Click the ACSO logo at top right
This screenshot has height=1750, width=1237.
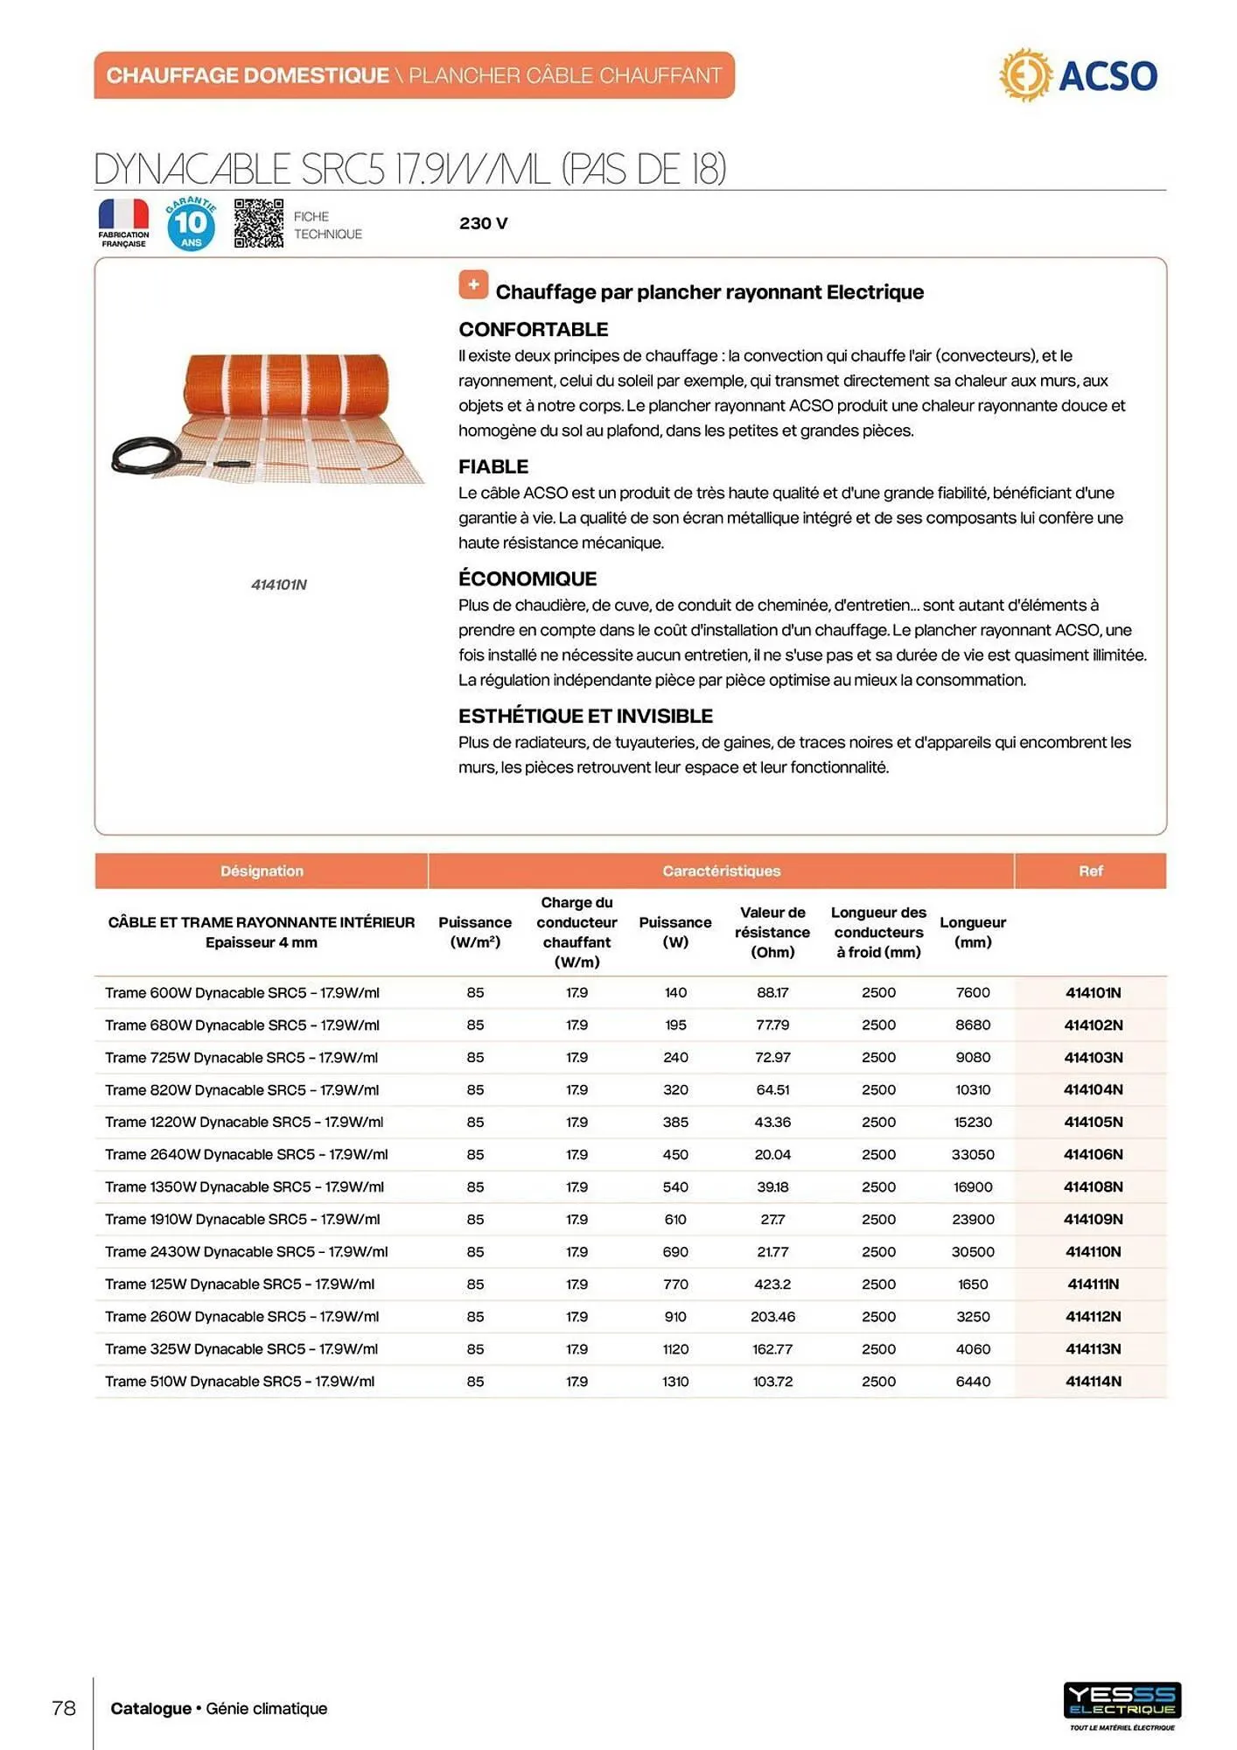click(x=1079, y=76)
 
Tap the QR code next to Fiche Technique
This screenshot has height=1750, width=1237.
click(x=258, y=223)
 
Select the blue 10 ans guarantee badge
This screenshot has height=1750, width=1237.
click(x=191, y=224)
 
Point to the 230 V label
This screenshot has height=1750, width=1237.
click(x=483, y=223)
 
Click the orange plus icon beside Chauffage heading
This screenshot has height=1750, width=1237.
click(x=473, y=284)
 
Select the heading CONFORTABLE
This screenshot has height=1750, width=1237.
click(x=533, y=330)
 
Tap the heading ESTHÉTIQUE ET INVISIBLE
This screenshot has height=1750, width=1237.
click(x=585, y=716)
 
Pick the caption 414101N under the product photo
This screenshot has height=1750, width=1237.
click(x=278, y=584)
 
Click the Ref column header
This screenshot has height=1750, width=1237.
click(x=1090, y=871)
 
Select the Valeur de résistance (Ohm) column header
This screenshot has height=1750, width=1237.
click(x=772, y=932)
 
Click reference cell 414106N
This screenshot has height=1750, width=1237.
click(x=1093, y=1154)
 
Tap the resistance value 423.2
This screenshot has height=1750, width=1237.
click(x=772, y=1284)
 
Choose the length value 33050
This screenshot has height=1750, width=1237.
click(x=972, y=1154)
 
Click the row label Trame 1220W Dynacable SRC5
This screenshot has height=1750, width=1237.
click(x=243, y=1122)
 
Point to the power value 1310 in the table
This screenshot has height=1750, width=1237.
click(x=674, y=1381)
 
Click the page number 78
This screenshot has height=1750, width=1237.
click(x=64, y=1708)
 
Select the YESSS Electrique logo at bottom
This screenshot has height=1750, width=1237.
click(x=1122, y=1702)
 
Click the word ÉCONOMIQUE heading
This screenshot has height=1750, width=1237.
click(x=527, y=578)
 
